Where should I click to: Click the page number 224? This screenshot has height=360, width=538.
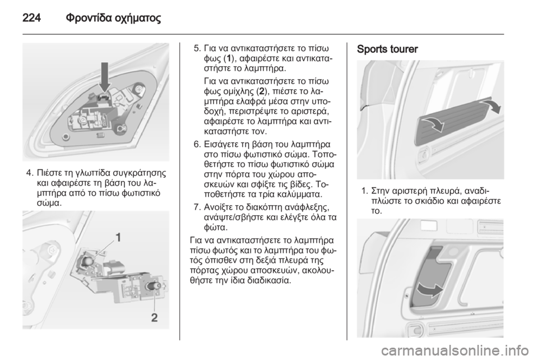point(31,17)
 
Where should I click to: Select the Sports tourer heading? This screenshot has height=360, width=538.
point(387,49)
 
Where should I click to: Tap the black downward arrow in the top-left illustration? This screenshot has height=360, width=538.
point(105,77)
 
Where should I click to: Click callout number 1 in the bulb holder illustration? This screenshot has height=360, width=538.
point(118,238)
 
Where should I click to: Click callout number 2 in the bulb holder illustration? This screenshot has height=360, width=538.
point(155,317)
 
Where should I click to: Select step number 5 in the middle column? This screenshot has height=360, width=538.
point(197,48)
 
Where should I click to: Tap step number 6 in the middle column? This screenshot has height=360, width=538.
point(197,144)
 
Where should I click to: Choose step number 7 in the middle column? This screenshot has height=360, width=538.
point(197,207)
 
